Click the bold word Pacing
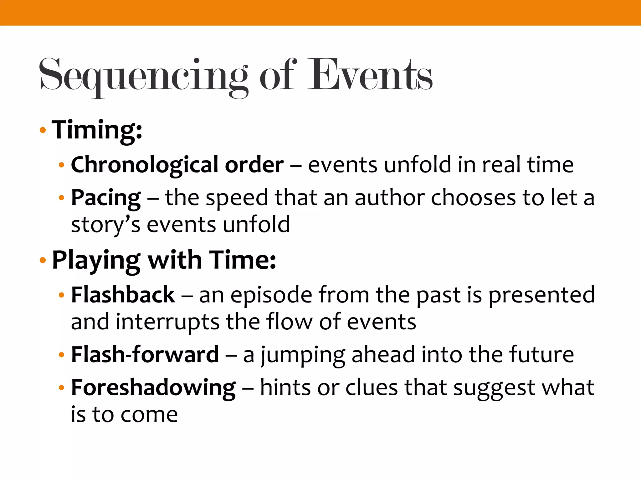[x=106, y=198]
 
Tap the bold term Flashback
[x=123, y=295]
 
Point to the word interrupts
[x=167, y=322]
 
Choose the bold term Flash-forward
[x=145, y=355]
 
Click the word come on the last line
[x=149, y=415]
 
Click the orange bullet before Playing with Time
[x=43, y=260]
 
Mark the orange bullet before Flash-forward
[x=62, y=355]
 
